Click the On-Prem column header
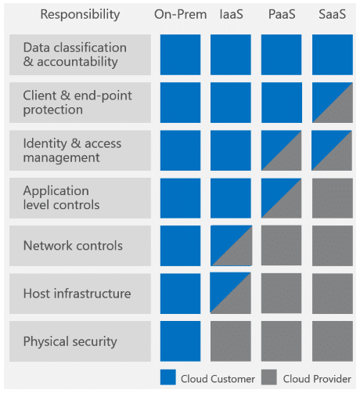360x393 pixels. [180, 14]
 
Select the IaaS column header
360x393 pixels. [232, 14]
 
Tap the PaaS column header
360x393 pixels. [282, 14]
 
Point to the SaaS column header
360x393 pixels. [333, 14]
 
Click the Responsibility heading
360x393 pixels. [80, 15]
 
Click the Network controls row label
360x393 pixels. [73, 246]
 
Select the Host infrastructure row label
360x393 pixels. [77, 294]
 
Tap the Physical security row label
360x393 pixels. [70, 342]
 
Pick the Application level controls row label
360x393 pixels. [61, 198]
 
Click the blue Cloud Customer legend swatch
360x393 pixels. [168, 377]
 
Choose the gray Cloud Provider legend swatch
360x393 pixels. [269, 377]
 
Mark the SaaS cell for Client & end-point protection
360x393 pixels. [333, 103]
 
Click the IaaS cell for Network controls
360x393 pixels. [231, 246]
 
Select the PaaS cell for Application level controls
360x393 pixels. [282, 198]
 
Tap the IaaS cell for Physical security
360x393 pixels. [231, 341]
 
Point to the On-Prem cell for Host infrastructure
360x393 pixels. [181, 294]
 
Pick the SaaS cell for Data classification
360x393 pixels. [333, 55]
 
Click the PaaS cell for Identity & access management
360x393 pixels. [282, 150]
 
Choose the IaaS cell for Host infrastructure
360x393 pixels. [231, 293]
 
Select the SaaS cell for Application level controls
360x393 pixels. [333, 198]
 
